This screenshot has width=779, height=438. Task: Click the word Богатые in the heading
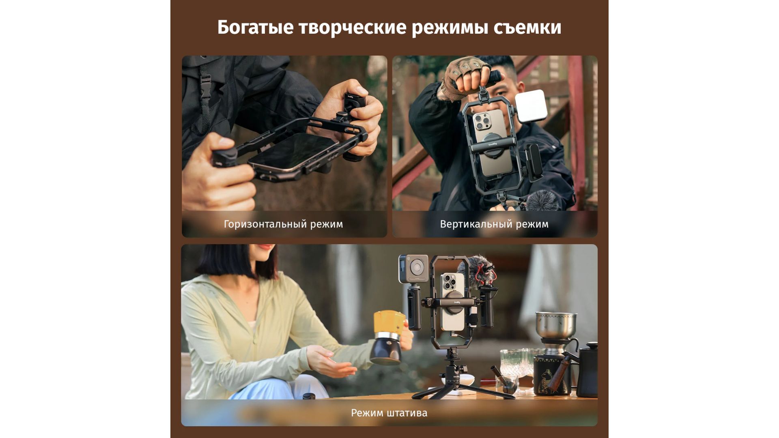[255, 28]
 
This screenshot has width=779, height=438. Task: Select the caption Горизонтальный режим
[283, 224]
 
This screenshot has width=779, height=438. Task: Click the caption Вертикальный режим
[494, 224]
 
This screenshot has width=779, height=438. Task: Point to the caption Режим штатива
[389, 413]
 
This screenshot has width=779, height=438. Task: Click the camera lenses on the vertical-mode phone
[482, 120]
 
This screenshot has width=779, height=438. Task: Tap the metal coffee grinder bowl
[556, 325]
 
